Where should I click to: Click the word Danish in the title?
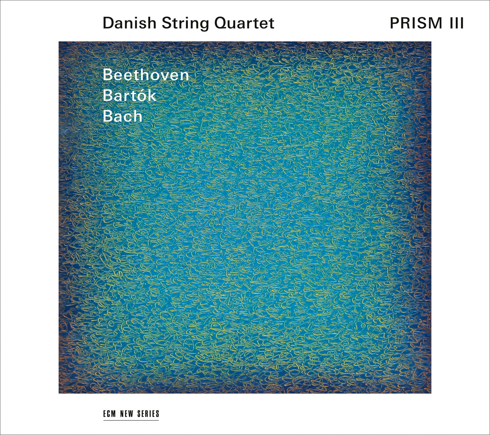coord(129,23)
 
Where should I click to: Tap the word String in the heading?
coord(185,24)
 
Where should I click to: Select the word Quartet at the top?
coord(244,23)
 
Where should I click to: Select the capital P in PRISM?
coord(395,23)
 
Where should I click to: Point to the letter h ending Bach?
coord(137,116)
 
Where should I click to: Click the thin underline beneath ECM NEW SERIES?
coord(131,420)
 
